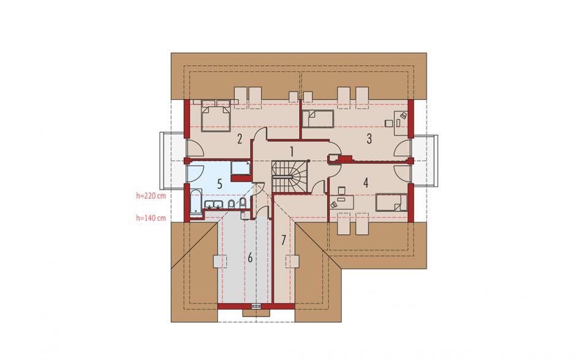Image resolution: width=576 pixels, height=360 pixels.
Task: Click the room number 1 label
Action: (292, 151)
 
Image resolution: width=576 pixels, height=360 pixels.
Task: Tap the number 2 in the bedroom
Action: (240, 139)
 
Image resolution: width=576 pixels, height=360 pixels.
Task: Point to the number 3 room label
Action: (369, 139)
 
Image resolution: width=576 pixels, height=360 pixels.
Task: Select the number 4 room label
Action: (366, 182)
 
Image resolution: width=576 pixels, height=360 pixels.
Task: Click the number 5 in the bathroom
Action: (219, 184)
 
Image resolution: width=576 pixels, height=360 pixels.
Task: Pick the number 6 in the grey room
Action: (250, 258)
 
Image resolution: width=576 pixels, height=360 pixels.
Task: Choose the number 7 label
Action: (283, 240)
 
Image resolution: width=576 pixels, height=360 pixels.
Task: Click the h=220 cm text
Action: (151, 196)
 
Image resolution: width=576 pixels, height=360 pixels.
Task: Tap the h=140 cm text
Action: (151, 218)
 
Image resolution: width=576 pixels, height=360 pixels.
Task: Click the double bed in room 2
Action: (216, 115)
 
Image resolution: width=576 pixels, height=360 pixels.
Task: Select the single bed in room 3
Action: (318, 119)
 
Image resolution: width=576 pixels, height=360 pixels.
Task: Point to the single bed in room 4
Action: (392, 202)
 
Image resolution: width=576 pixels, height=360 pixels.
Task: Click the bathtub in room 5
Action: (196, 201)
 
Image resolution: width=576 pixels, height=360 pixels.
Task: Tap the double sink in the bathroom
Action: (213, 204)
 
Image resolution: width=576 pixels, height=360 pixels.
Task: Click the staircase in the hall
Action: (290, 176)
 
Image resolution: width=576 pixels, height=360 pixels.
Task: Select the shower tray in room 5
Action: (241, 169)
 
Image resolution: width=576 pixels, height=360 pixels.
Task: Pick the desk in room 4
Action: (342, 202)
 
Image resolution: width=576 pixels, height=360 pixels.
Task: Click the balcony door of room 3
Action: (403, 148)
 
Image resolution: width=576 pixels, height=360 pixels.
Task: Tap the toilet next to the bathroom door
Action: (243, 202)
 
